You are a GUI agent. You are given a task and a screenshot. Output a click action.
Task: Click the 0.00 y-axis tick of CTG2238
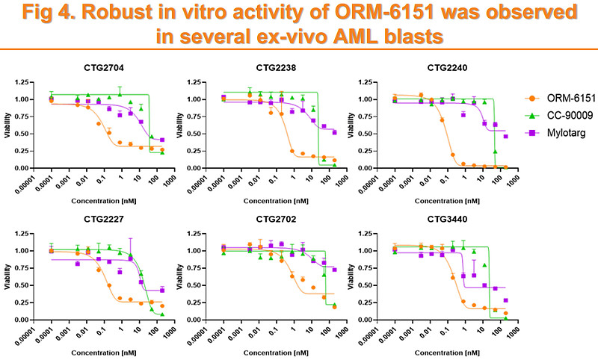pyautogui.click(x=202, y=168)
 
